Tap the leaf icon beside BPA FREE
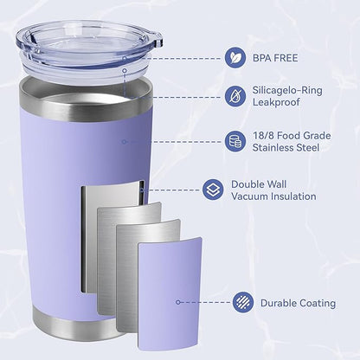click(x=235, y=58)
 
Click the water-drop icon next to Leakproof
click(x=235, y=95)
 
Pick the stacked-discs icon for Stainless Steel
click(x=235, y=141)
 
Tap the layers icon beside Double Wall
click(x=211, y=189)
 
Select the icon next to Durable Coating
click(x=244, y=303)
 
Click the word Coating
click(x=318, y=303)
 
